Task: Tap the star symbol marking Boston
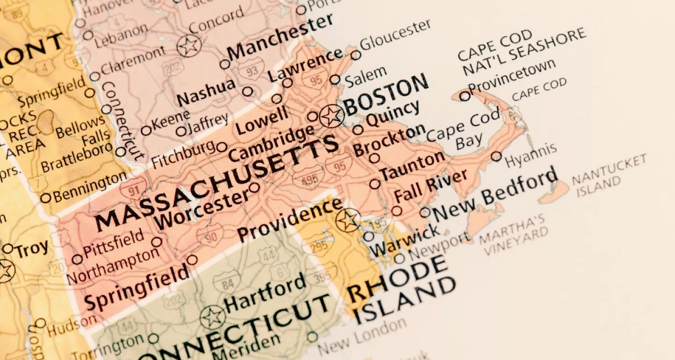[331, 115]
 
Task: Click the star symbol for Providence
[348, 220]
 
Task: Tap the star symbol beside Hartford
[213, 317]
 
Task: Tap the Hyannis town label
[531, 155]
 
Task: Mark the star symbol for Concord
[189, 46]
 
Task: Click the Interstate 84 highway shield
[226, 283]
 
